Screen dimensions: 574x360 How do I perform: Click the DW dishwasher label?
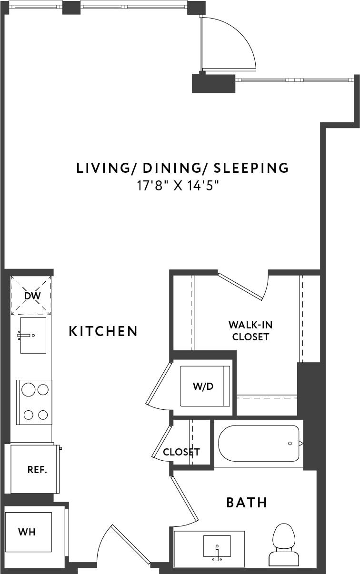(x=33, y=296)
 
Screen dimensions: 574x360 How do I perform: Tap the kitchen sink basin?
(x=33, y=336)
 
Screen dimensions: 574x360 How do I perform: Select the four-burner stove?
(x=34, y=402)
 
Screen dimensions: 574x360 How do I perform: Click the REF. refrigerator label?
(x=37, y=470)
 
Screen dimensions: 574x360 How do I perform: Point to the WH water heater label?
(x=27, y=532)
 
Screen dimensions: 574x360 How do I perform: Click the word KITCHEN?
(x=103, y=331)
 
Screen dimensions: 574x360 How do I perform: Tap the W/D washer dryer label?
(x=203, y=386)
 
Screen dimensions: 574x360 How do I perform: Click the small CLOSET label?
(x=181, y=452)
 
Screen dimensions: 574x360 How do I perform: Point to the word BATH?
(x=247, y=503)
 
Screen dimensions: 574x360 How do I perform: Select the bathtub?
(x=260, y=444)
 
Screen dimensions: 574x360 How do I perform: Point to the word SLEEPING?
(x=251, y=168)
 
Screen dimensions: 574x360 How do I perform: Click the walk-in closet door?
(x=241, y=287)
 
